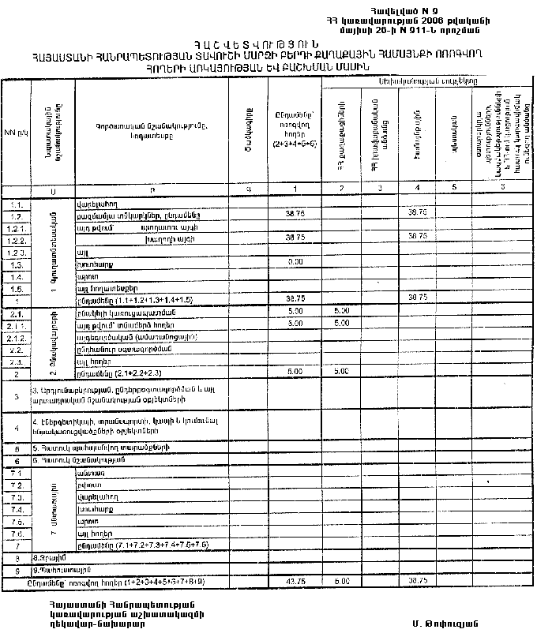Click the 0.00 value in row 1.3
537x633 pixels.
pyautogui.click(x=295, y=261)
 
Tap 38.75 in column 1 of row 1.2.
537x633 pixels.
pyautogui.click(x=295, y=213)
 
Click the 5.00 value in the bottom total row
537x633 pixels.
pyautogui.click(x=342, y=582)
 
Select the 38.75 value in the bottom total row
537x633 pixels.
pyautogui.click(x=418, y=582)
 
